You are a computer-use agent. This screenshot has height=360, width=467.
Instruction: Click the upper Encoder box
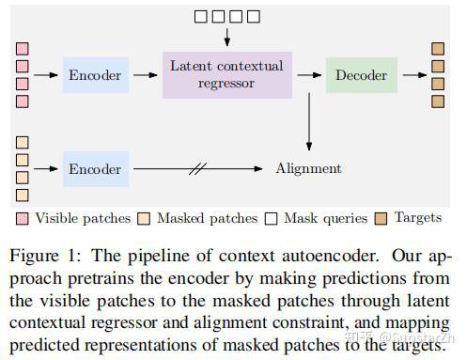click(x=95, y=74)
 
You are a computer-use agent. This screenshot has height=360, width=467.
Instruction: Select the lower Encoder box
click(x=95, y=169)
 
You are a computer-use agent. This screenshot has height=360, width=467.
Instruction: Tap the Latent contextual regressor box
click(x=226, y=74)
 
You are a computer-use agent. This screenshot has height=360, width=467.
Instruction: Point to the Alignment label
click(x=308, y=169)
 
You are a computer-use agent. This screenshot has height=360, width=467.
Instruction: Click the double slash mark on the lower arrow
click(x=198, y=169)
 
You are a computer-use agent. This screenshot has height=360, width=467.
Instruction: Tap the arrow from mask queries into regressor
click(x=226, y=36)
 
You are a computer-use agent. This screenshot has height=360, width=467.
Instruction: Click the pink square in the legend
click(x=23, y=218)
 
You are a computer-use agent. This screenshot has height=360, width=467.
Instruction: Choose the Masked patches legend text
click(x=206, y=218)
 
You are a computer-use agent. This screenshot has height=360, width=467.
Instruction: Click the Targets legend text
click(x=417, y=218)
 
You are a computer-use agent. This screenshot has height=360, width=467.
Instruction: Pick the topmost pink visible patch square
click(x=23, y=48)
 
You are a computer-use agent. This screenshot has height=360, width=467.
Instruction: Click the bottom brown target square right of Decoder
click(x=438, y=101)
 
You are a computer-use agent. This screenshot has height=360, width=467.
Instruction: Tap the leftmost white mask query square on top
click(x=200, y=15)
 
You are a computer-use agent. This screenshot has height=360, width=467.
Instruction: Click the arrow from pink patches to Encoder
click(x=46, y=74)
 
